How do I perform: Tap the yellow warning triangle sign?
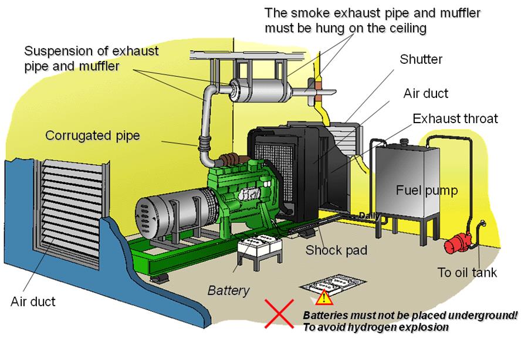[x=323, y=298]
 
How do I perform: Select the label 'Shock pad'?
[x=336, y=250]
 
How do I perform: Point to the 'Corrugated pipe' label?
[x=93, y=136]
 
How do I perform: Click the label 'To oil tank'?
[x=468, y=272]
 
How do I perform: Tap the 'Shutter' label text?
[x=421, y=59]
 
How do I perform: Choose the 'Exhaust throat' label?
[x=455, y=118]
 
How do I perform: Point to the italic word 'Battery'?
[x=229, y=290]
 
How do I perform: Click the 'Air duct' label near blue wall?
[x=33, y=302]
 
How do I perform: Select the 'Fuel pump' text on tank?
[x=427, y=191]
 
